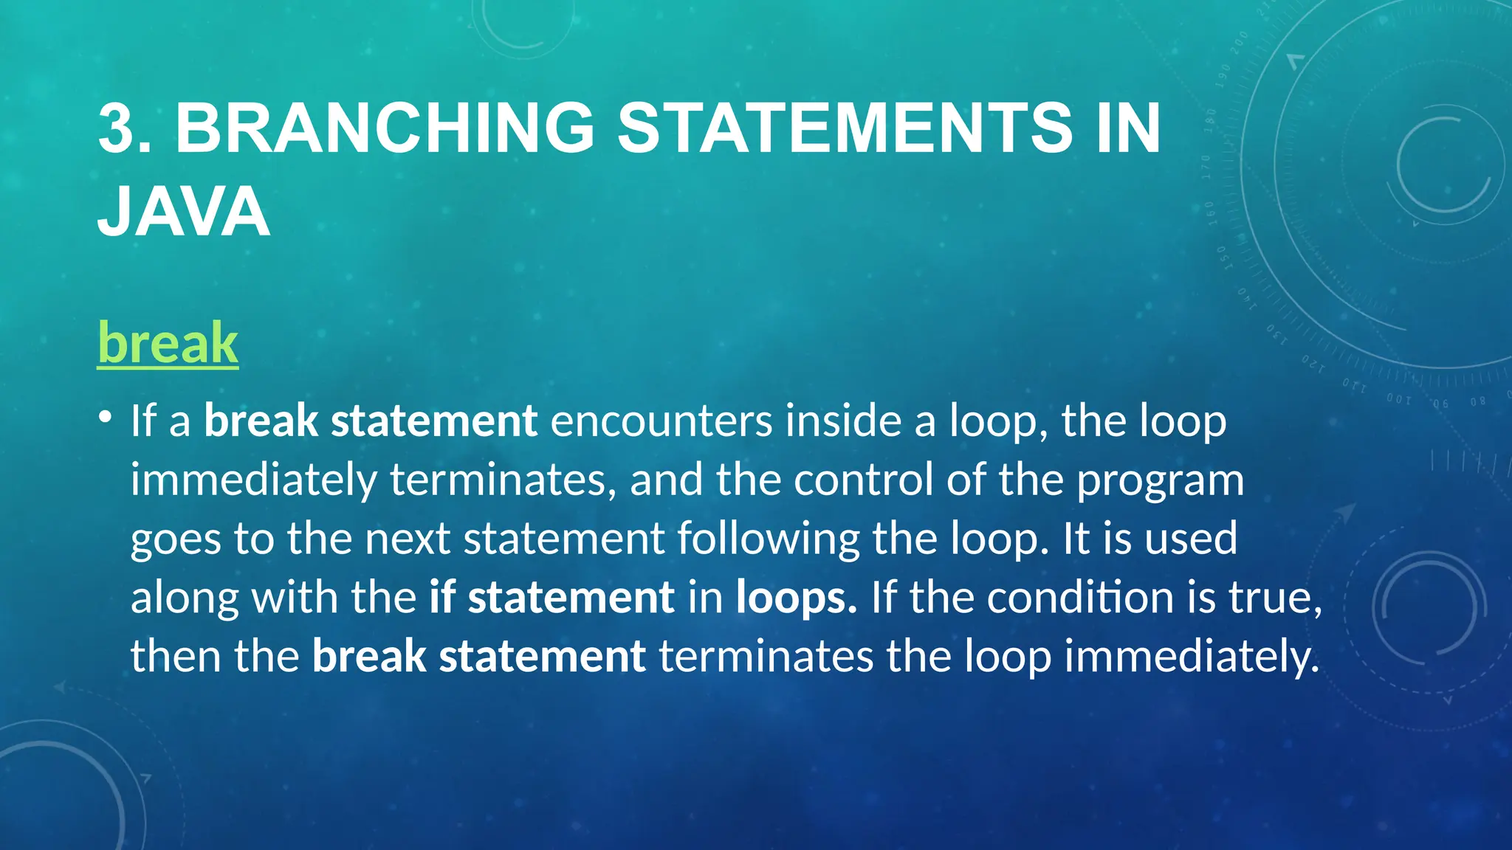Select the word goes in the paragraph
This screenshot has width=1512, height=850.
175,540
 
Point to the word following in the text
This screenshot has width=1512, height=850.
768,539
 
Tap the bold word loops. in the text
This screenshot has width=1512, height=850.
796,598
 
